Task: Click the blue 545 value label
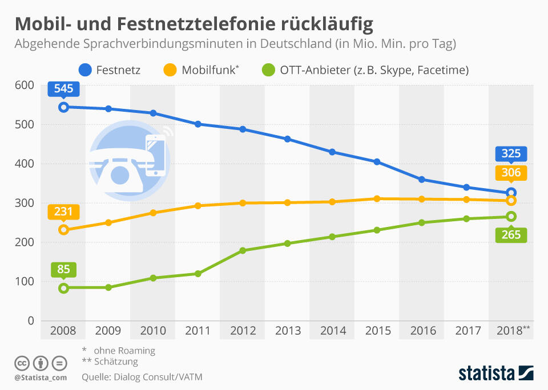(63, 90)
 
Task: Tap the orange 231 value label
(63, 212)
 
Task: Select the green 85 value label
(63, 270)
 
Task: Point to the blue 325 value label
(511, 154)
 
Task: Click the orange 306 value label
(511, 173)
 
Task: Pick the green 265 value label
(511, 234)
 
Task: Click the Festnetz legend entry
(109, 71)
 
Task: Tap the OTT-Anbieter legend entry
(365, 71)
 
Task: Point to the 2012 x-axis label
(242, 331)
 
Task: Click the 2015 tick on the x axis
(377, 331)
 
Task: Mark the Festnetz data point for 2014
(332, 152)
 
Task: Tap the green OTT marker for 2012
(242, 250)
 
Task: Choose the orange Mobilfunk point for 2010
(153, 213)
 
